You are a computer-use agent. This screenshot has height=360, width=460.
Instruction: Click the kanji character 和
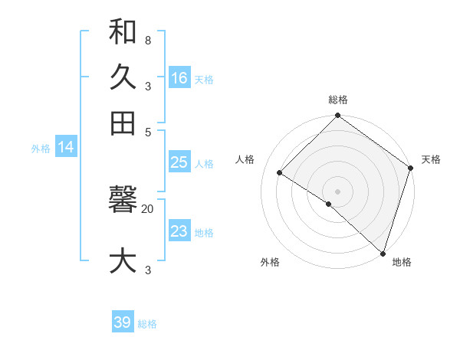[x=123, y=33]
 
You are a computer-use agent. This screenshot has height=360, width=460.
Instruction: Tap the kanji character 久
[x=123, y=77]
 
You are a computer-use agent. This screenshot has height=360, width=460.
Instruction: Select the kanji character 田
[x=123, y=123]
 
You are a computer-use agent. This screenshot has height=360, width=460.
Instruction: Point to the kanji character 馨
[x=123, y=201]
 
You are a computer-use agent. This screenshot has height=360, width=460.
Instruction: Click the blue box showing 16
[x=179, y=78]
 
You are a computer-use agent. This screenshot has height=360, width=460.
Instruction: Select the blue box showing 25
[x=179, y=162]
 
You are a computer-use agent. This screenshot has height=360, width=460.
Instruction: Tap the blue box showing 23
[x=179, y=231]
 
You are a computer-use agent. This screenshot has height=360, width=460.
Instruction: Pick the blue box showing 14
[x=66, y=148]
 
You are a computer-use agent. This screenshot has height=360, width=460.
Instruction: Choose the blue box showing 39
[x=123, y=322]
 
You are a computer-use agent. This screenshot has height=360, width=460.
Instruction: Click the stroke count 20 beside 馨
[x=148, y=208]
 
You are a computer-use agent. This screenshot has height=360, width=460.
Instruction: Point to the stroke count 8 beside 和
[x=147, y=40]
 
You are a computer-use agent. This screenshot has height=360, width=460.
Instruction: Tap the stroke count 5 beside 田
[x=147, y=131]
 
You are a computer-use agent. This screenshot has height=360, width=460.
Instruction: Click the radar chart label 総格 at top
[x=338, y=100]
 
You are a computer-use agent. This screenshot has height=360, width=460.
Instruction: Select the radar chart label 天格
[x=431, y=159]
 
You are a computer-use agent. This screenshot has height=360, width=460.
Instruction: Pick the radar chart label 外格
[x=270, y=262]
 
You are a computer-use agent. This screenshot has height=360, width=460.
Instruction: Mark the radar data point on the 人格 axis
[x=280, y=173]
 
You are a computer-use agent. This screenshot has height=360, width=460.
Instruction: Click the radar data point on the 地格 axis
[x=383, y=252]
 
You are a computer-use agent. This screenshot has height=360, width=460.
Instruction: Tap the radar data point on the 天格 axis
[x=410, y=168]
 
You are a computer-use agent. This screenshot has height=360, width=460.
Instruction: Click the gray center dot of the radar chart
[x=338, y=191]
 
